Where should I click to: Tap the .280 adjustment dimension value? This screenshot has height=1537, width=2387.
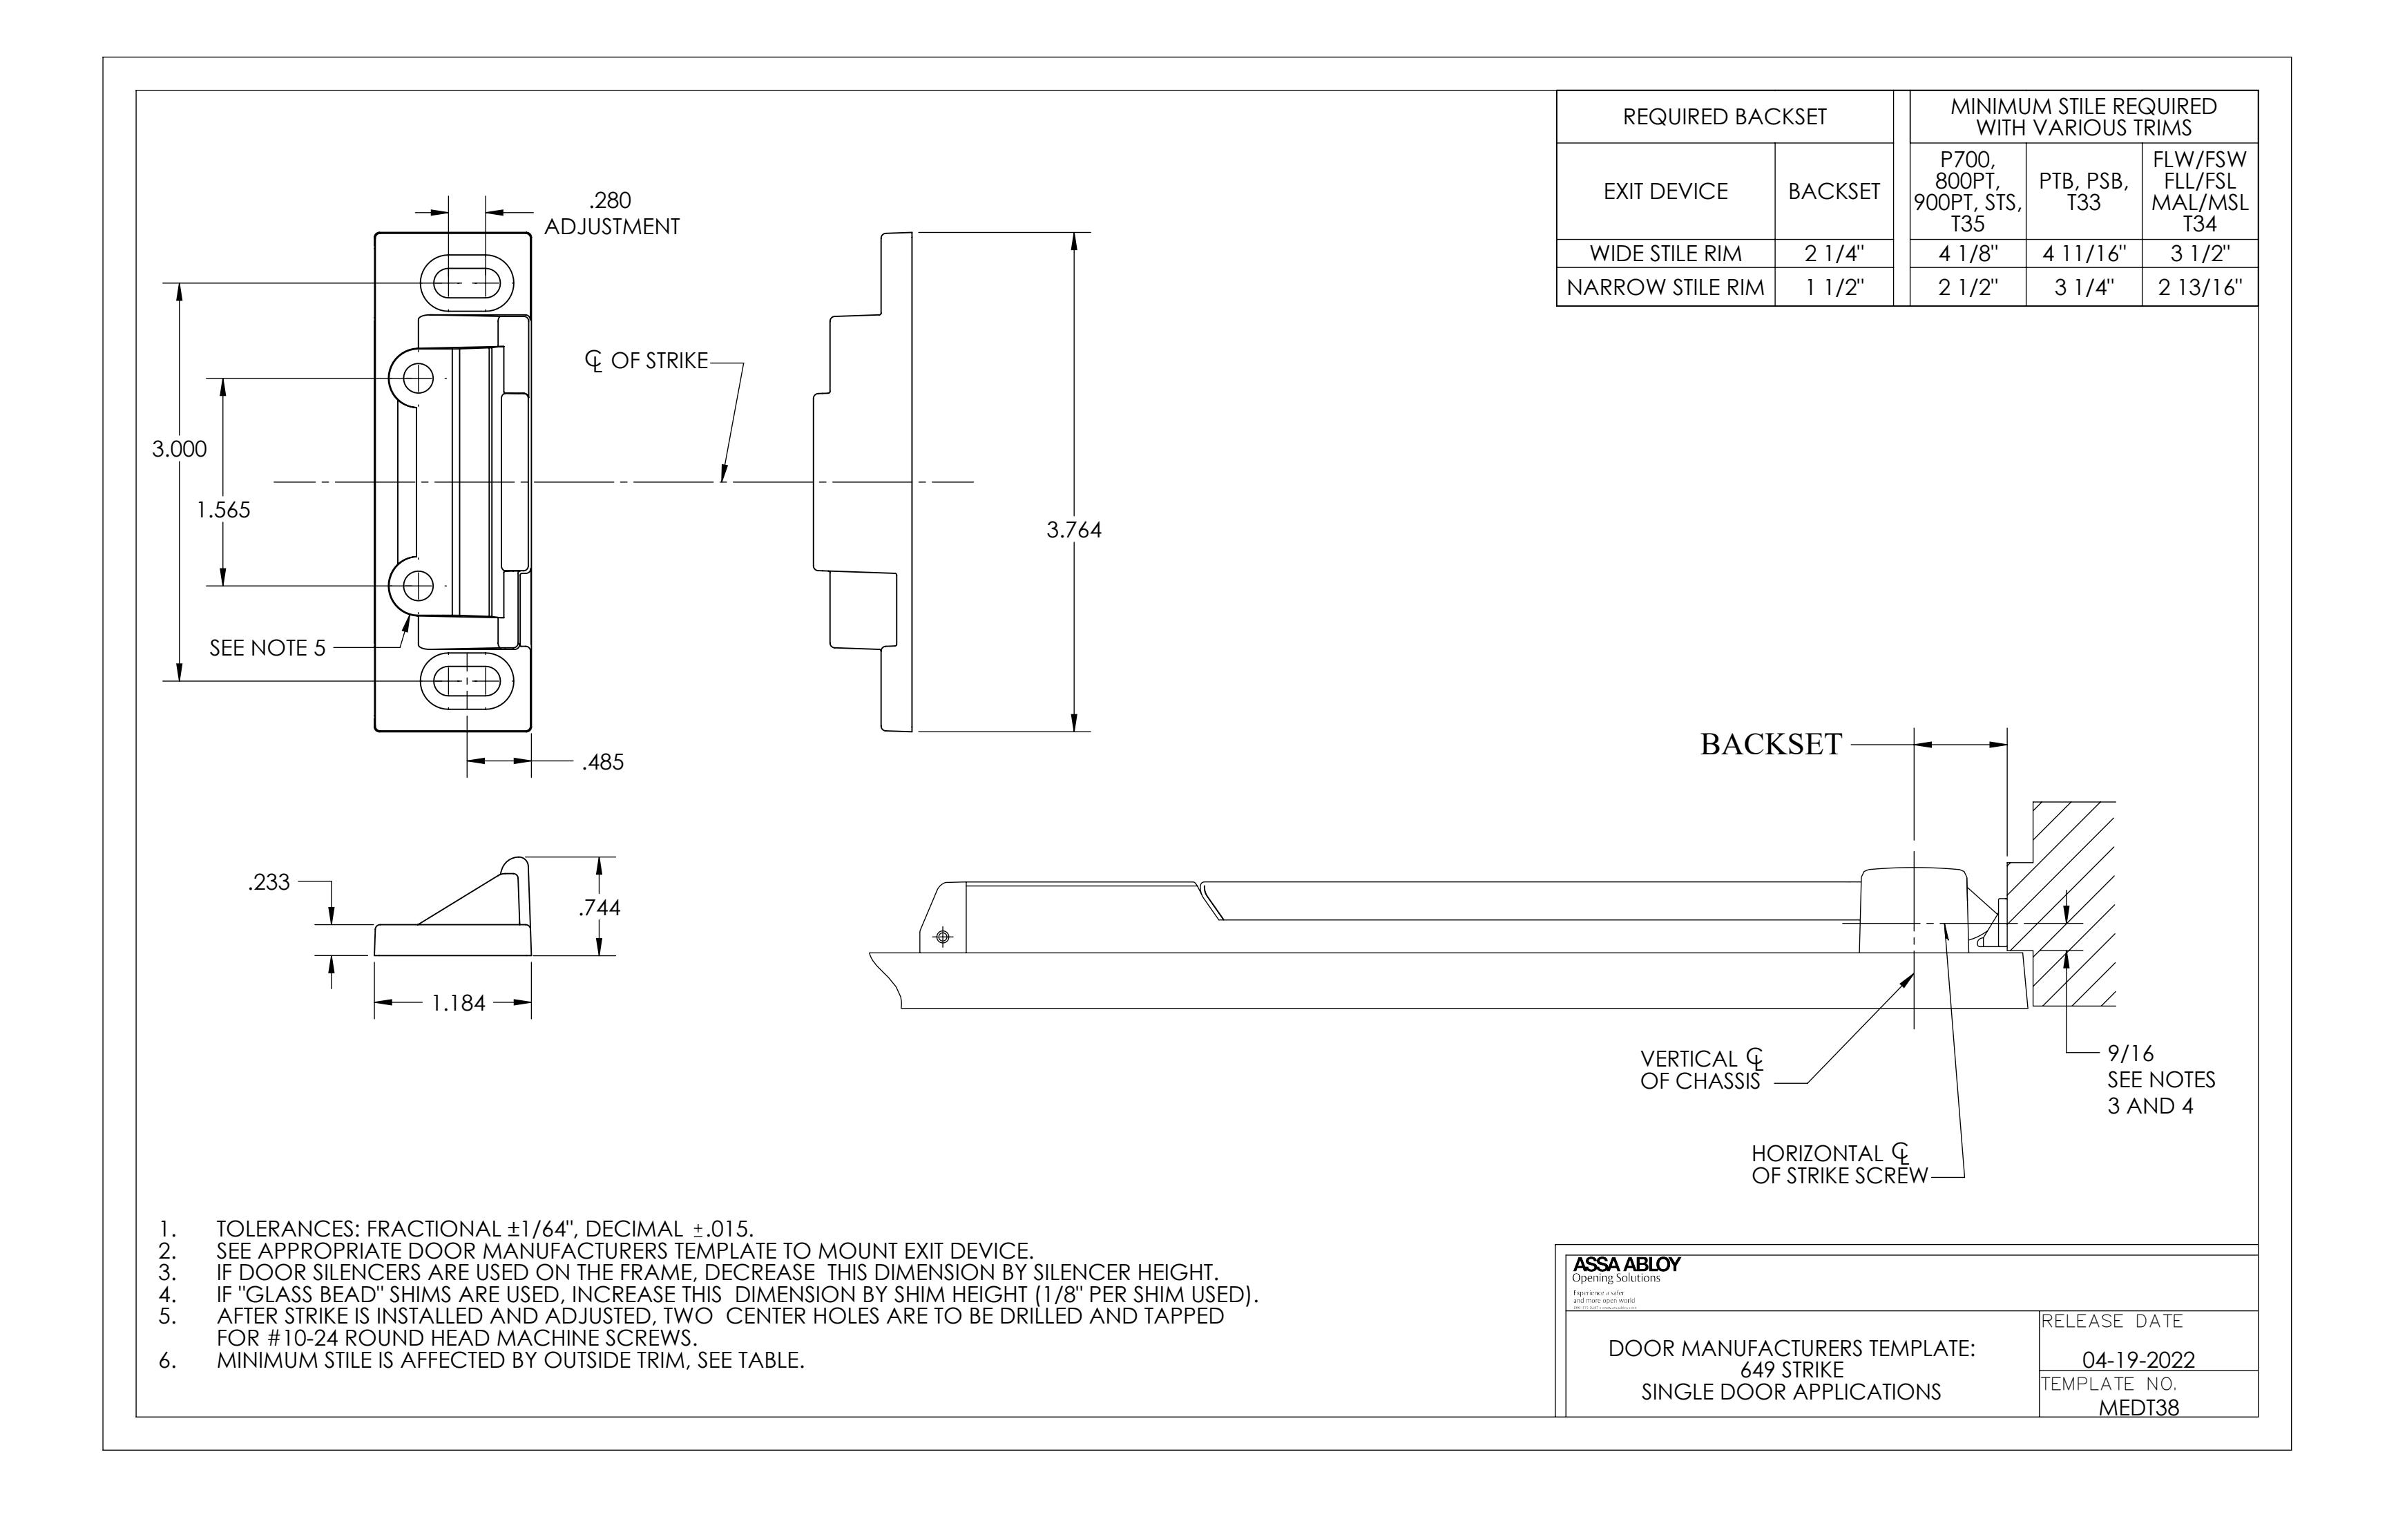[x=610, y=200]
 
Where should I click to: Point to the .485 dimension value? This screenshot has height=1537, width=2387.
[x=603, y=763]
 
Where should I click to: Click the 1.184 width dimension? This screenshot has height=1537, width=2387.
[x=458, y=1003]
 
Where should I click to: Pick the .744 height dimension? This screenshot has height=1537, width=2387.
[x=599, y=907]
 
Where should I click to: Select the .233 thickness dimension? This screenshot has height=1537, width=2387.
[x=269, y=882]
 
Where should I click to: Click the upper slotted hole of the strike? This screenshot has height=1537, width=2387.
[x=466, y=283]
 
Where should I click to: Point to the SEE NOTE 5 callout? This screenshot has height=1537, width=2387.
[x=267, y=648]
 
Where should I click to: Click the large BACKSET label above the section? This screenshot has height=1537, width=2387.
[x=1770, y=745]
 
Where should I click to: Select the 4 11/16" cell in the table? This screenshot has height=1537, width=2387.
[x=2084, y=254]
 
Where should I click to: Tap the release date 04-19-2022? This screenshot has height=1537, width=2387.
[x=2138, y=1359]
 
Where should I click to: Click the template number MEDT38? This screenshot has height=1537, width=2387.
[x=2138, y=1407]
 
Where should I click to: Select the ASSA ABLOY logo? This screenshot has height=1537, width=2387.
[x=1626, y=1263]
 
